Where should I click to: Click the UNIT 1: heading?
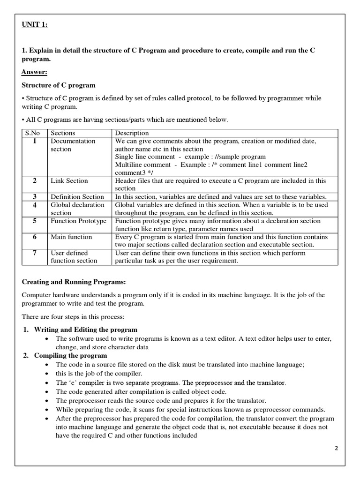(x=35, y=25)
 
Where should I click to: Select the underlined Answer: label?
(x=34, y=72)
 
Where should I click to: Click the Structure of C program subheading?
(x=59, y=85)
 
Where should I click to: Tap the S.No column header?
(x=33, y=133)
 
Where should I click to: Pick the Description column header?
(x=132, y=133)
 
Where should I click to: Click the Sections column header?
(x=63, y=133)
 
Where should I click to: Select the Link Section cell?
(x=69, y=180)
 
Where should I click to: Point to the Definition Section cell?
(x=77, y=197)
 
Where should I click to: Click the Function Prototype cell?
(x=78, y=221)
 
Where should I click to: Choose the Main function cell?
(x=71, y=237)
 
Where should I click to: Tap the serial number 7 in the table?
(x=35, y=253)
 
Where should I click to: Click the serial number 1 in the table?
(x=35, y=141)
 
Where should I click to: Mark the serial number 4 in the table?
(x=35, y=205)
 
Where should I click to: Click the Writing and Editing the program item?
(x=86, y=330)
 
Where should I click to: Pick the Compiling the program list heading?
(x=70, y=355)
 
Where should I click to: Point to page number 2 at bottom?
(x=336, y=448)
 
